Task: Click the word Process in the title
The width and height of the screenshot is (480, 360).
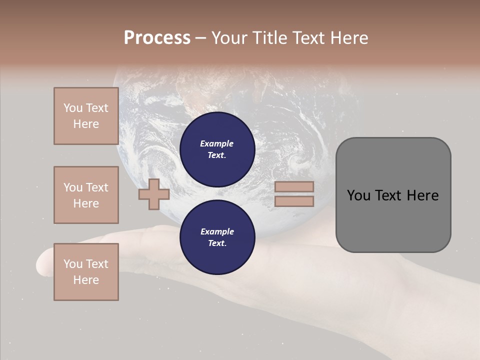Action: click(x=157, y=38)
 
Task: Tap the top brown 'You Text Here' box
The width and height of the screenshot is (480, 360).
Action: click(x=86, y=116)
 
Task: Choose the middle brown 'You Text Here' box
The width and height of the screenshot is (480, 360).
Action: click(x=86, y=195)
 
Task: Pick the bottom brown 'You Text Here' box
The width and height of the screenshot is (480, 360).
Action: click(x=86, y=272)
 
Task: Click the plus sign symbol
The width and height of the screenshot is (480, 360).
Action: click(x=154, y=194)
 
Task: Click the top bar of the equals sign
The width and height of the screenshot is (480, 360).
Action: click(x=294, y=186)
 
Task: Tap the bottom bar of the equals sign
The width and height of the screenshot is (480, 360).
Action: click(x=294, y=201)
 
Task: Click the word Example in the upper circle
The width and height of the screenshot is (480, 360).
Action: click(x=217, y=143)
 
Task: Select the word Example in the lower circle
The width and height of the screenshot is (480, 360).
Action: click(x=217, y=231)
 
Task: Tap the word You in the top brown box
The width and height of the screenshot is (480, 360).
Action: click(x=73, y=108)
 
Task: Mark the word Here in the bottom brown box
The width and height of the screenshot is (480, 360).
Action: click(x=86, y=280)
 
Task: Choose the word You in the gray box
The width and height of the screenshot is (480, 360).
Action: click(x=358, y=195)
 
